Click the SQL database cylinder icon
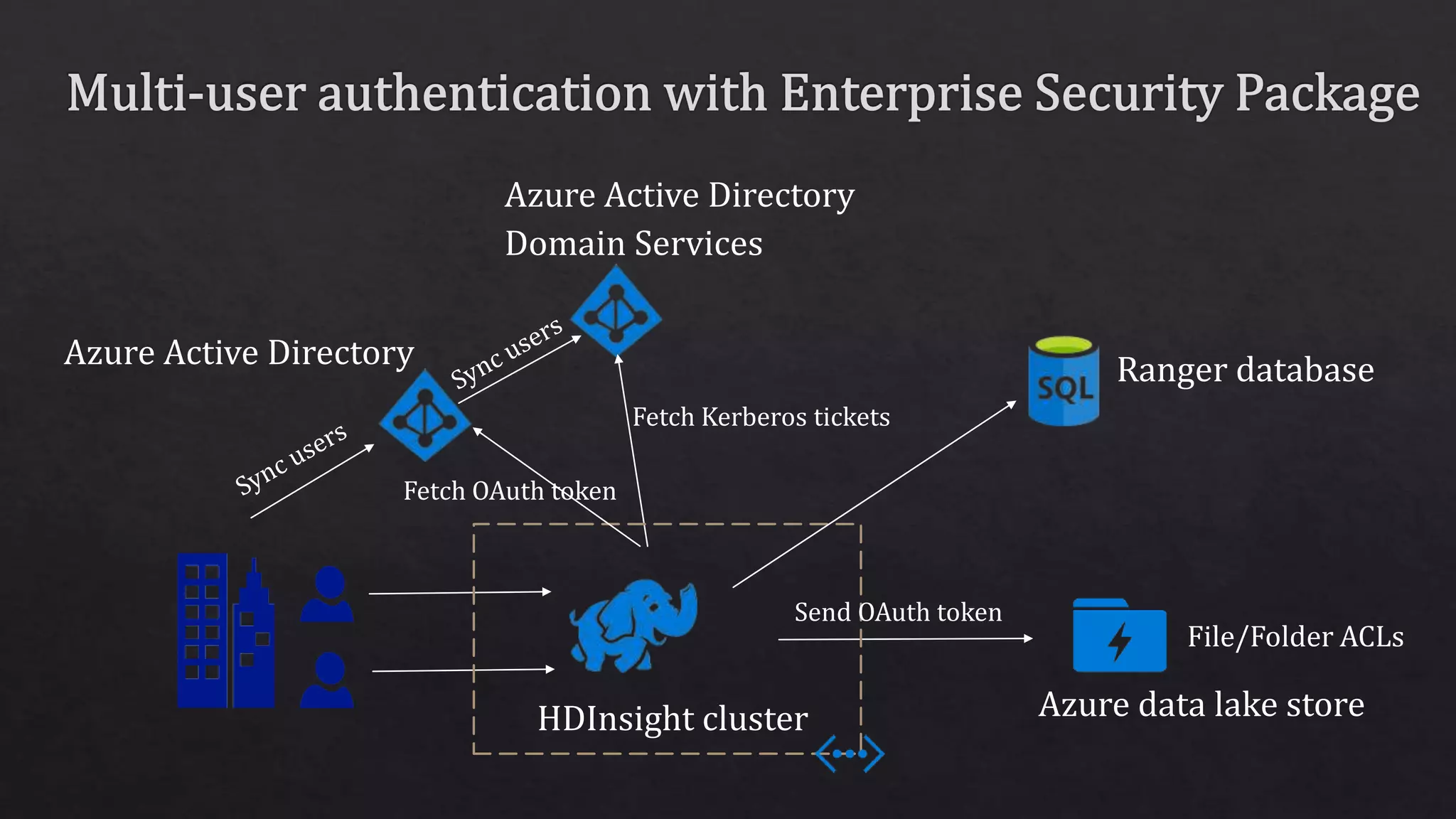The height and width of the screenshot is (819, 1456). pyautogui.click(x=1064, y=382)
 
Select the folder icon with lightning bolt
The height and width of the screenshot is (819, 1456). pyautogui.click(x=1119, y=637)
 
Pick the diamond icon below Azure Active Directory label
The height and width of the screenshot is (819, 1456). pyautogui.click(x=424, y=416)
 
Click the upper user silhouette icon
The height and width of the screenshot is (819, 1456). pyautogui.click(x=327, y=594)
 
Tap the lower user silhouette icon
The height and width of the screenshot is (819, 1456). pyautogui.click(x=327, y=680)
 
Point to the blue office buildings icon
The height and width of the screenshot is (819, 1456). pyautogui.click(x=225, y=631)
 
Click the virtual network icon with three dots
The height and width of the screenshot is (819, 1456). pyautogui.click(x=850, y=753)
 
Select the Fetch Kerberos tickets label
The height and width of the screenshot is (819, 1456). pyautogui.click(x=761, y=417)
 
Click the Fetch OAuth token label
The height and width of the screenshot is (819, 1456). pyautogui.click(x=509, y=491)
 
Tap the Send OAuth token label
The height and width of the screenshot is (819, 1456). pyautogui.click(x=897, y=612)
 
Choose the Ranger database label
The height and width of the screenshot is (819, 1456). pyautogui.click(x=1245, y=370)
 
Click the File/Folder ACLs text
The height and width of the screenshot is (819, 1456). pyautogui.click(x=1295, y=637)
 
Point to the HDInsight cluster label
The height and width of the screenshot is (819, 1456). pyautogui.click(x=673, y=719)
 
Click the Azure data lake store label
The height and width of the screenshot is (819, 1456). pyautogui.click(x=1201, y=705)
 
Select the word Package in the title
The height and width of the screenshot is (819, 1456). pyautogui.click(x=1327, y=94)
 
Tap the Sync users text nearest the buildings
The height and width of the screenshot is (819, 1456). pyautogui.click(x=290, y=458)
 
